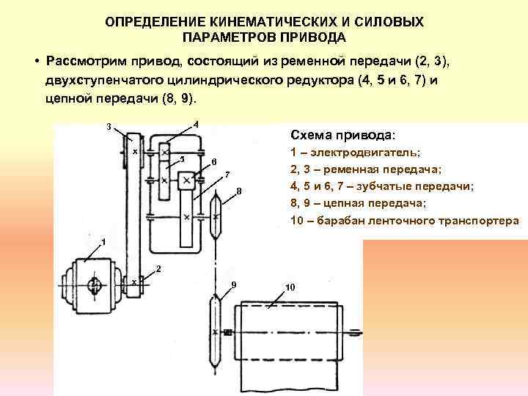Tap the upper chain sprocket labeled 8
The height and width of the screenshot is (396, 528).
[x=216, y=214]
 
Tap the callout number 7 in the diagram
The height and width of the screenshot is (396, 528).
[x=227, y=175]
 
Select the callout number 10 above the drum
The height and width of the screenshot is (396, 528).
[x=291, y=287]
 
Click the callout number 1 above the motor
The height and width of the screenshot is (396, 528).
[x=103, y=241]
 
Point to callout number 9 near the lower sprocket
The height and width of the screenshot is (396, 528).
[x=233, y=284]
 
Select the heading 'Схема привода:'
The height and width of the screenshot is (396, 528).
[x=342, y=136]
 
